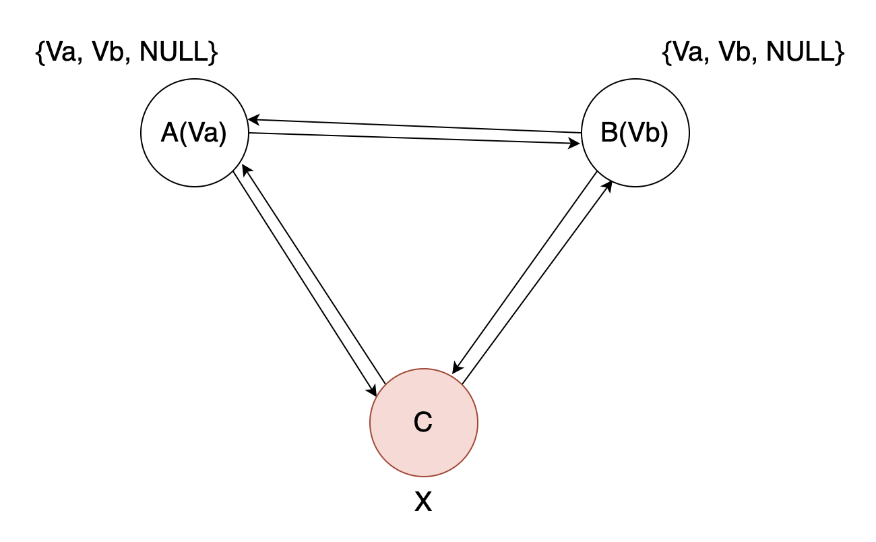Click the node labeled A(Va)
(194, 133)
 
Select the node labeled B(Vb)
(635, 133)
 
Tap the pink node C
(423, 422)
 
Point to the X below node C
(423, 502)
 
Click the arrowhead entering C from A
(373, 391)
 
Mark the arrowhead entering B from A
(577, 144)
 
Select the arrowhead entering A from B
(253, 120)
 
